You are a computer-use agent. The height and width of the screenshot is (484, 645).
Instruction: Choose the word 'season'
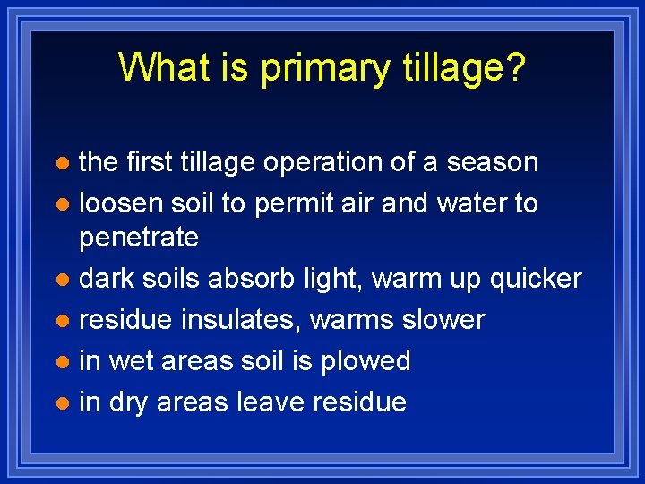(493, 163)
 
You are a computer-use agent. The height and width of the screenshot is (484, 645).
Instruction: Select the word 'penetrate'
(139, 238)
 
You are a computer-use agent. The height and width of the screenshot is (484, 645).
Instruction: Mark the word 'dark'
(107, 279)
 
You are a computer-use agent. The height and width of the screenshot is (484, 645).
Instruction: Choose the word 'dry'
(129, 402)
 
